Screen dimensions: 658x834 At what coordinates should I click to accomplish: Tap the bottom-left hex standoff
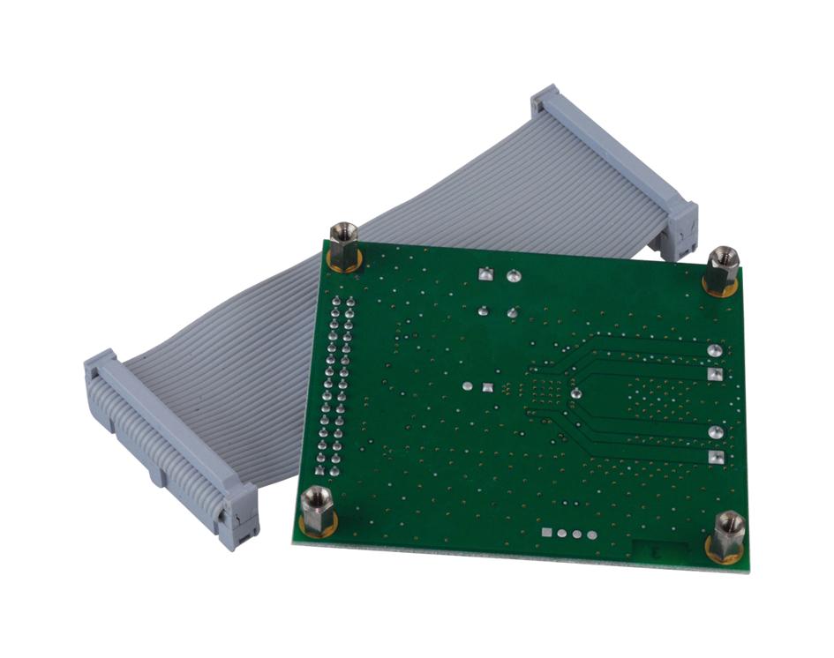pyautogui.click(x=317, y=511)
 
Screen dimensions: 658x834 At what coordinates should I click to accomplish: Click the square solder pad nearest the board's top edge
pyautogui.click(x=484, y=274)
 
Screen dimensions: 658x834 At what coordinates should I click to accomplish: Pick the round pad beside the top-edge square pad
pyautogui.click(x=511, y=277)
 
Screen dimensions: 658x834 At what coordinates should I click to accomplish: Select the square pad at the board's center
pyautogui.click(x=486, y=386)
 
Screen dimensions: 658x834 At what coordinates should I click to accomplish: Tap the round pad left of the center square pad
pyautogui.click(x=466, y=385)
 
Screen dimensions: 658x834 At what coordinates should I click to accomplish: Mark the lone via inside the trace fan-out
pyautogui.click(x=575, y=393)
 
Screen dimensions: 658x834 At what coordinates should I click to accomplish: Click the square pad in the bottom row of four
pyautogui.click(x=548, y=533)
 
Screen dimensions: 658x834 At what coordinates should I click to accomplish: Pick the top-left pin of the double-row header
pyautogui.click(x=336, y=302)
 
